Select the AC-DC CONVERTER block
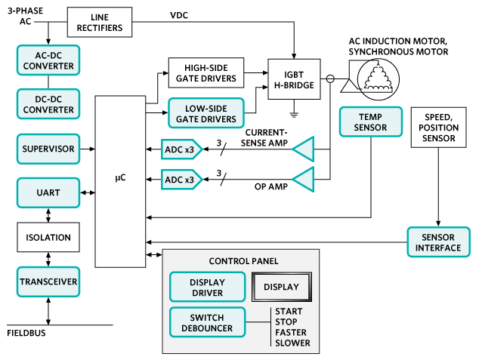pyautogui.click(x=48, y=60)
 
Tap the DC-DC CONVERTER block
pyautogui.click(x=48, y=104)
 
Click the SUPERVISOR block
pyautogui.click(x=48, y=149)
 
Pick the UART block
pyautogui.click(x=48, y=192)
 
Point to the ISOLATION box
pyautogui.click(x=48, y=237)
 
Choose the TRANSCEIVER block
pyautogui.click(x=48, y=281)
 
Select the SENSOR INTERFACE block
pyautogui.click(x=439, y=241)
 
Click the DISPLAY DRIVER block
pyautogui.click(x=207, y=287)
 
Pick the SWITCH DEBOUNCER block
pyautogui.click(x=207, y=322)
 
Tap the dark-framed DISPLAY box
pyautogui.click(x=280, y=287)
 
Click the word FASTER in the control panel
pyautogui.click(x=291, y=332)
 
